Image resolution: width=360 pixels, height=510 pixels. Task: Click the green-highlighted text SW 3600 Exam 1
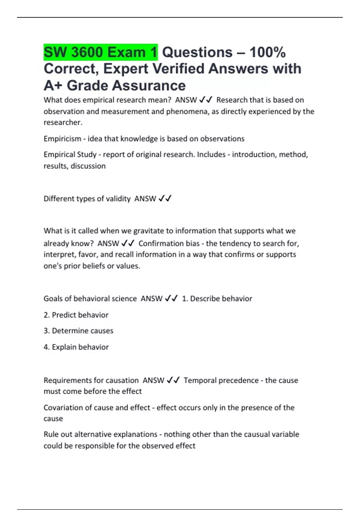click(100, 52)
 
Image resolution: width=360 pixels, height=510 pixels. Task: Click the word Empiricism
click(62, 139)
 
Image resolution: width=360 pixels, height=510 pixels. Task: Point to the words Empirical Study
click(70, 154)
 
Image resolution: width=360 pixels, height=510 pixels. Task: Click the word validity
click(117, 199)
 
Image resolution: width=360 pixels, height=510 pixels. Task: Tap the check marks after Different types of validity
click(165, 198)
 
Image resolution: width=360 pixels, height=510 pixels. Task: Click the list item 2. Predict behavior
click(76, 315)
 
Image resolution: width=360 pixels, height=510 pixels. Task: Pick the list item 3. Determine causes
click(78, 331)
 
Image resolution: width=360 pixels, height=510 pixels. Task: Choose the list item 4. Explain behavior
click(76, 347)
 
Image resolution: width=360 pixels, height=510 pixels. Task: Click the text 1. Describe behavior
click(217, 299)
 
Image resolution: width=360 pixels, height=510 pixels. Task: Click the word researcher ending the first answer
click(62, 122)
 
